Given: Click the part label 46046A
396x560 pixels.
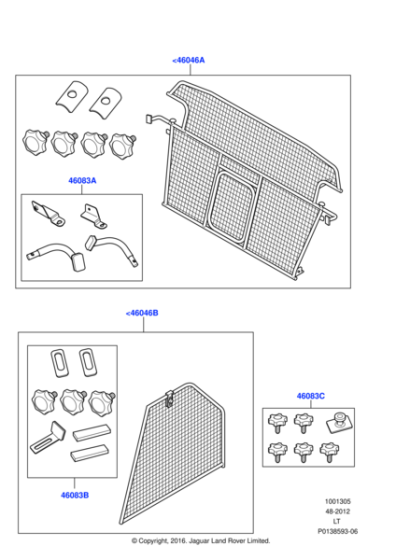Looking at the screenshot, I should pyautogui.click(x=189, y=60).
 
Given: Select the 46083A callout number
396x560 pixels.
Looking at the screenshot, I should pyautogui.click(x=82, y=181).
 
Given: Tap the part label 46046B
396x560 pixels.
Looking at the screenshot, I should pyautogui.click(x=143, y=313).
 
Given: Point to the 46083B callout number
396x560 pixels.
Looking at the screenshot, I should pyautogui.click(x=73, y=494).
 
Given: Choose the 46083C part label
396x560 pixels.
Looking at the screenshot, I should pyautogui.click(x=309, y=396).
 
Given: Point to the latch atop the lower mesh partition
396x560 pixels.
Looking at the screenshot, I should pyautogui.click(x=171, y=400).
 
